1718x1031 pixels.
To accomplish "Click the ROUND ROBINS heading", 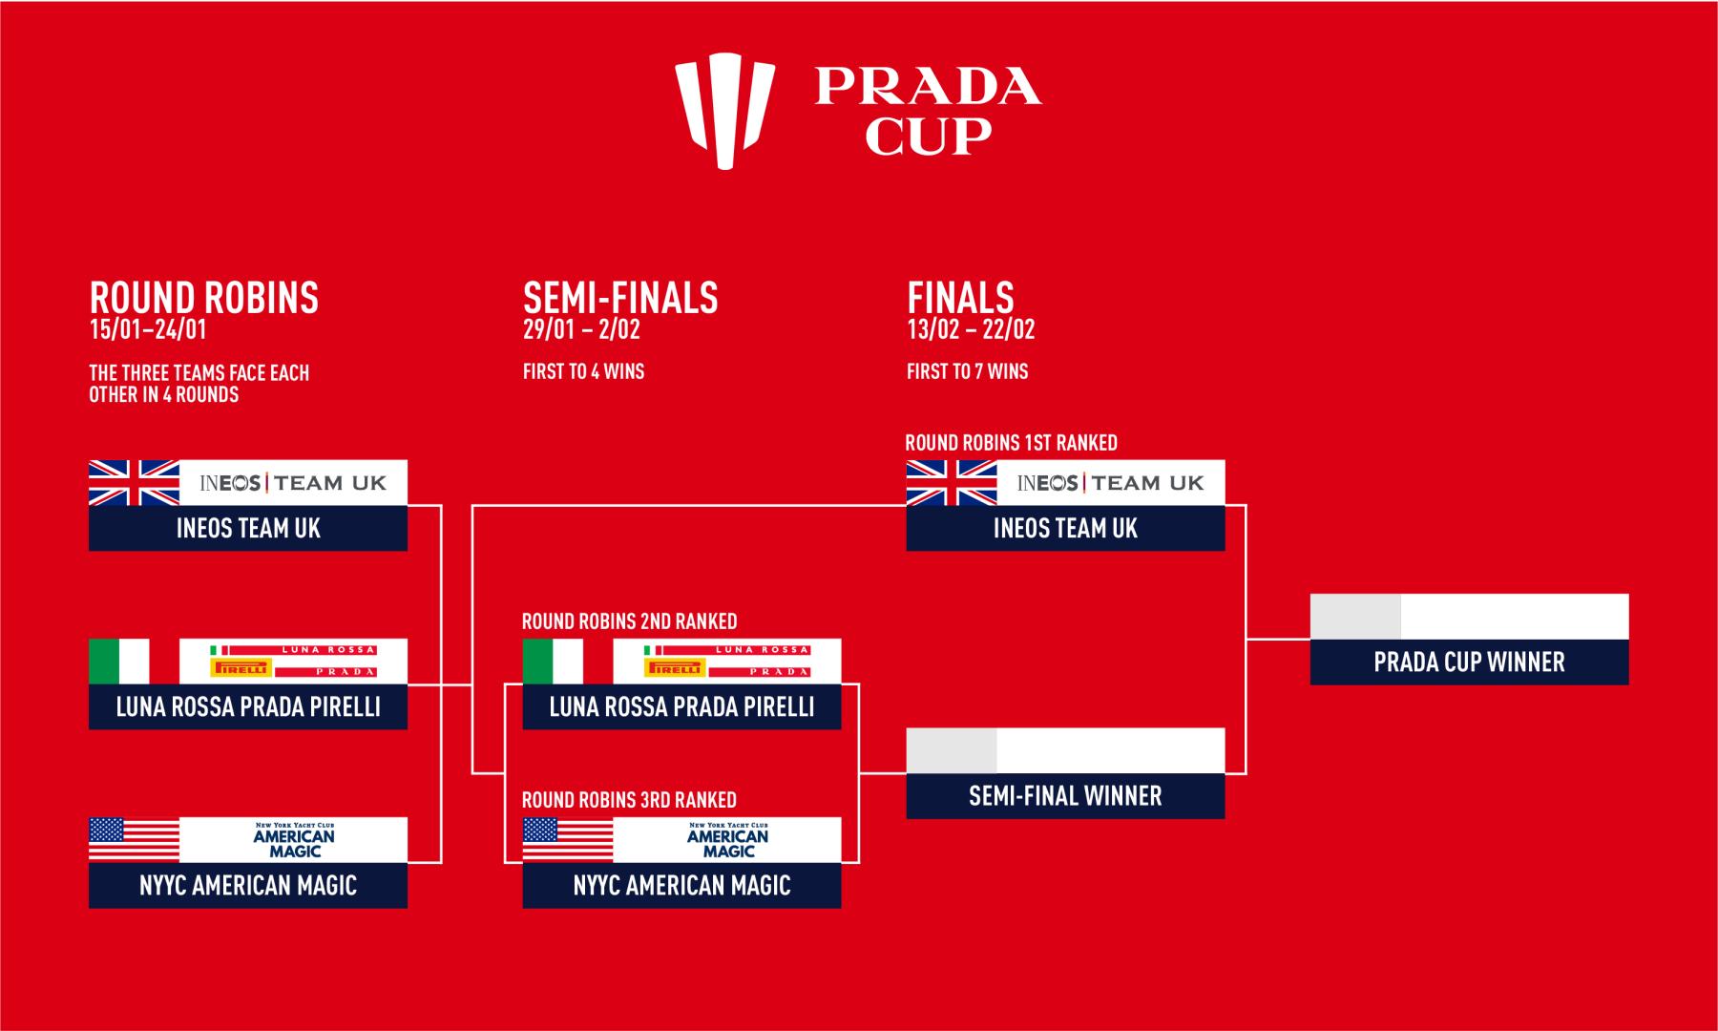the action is (x=204, y=298).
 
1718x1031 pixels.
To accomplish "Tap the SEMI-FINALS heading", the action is (x=620, y=298).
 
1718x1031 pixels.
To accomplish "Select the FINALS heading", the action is (x=960, y=298).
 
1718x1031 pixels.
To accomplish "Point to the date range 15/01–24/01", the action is (x=148, y=330).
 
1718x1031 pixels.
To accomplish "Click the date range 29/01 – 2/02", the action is (x=581, y=330).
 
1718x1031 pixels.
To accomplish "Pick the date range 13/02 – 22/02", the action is (x=971, y=330).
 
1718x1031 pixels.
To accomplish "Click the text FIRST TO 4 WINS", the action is (x=583, y=371).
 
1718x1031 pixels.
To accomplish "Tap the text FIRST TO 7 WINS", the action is (x=968, y=371).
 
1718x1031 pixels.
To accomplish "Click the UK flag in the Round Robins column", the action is (x=135, y=483).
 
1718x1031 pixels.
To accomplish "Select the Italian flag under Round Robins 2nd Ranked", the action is (x=553, y=662).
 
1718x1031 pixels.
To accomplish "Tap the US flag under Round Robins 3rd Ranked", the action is (x=568, y=840).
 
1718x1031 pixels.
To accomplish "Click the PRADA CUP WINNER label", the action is (x=1469, y=662).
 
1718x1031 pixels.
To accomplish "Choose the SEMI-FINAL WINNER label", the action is (x=1065, y=796).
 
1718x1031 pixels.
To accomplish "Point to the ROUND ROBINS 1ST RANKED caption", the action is (x=1011, y=443).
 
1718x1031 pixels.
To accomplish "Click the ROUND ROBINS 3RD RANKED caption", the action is (x=629, y=800).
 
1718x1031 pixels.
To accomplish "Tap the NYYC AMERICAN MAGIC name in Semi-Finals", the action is (x=681, y=886).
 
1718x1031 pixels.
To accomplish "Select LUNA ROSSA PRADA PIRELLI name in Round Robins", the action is (x=248, y=707).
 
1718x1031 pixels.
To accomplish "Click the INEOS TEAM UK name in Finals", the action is (x=1065, y=529).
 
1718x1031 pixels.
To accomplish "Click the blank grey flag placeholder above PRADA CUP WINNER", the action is (x=1355, y=617).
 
